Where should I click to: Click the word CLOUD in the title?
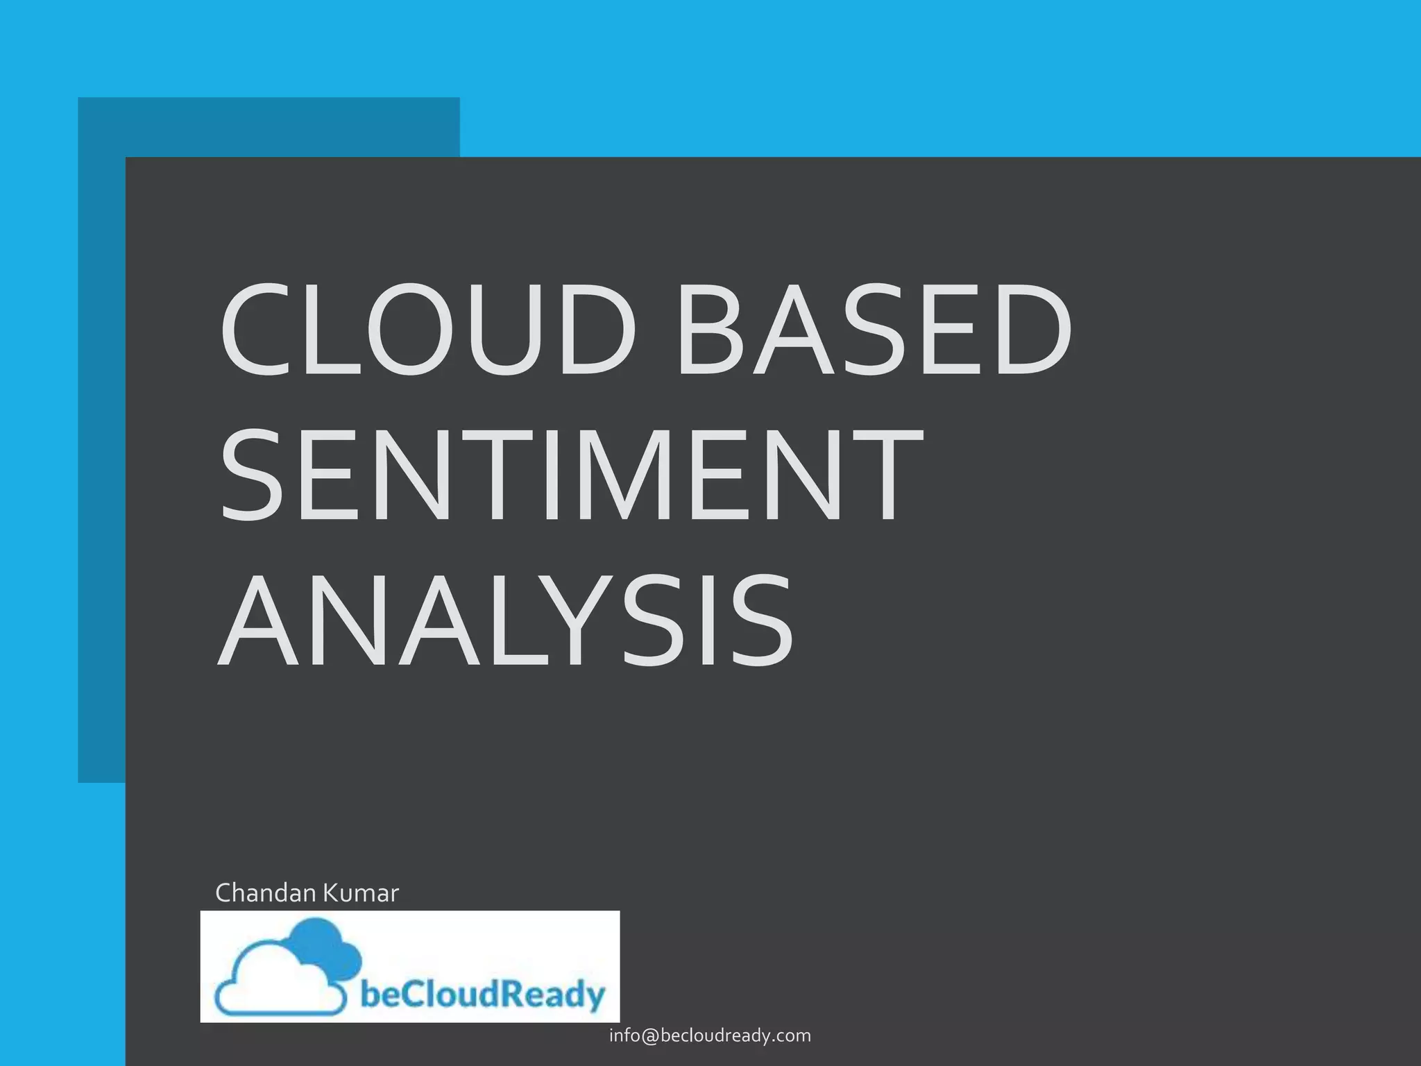pos(427,329)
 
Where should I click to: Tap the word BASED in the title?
pos(874,329)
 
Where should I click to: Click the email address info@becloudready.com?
pos(710,1035)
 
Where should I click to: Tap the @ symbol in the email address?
pos(649,1036)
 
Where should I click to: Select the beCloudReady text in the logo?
pos(483,994)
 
